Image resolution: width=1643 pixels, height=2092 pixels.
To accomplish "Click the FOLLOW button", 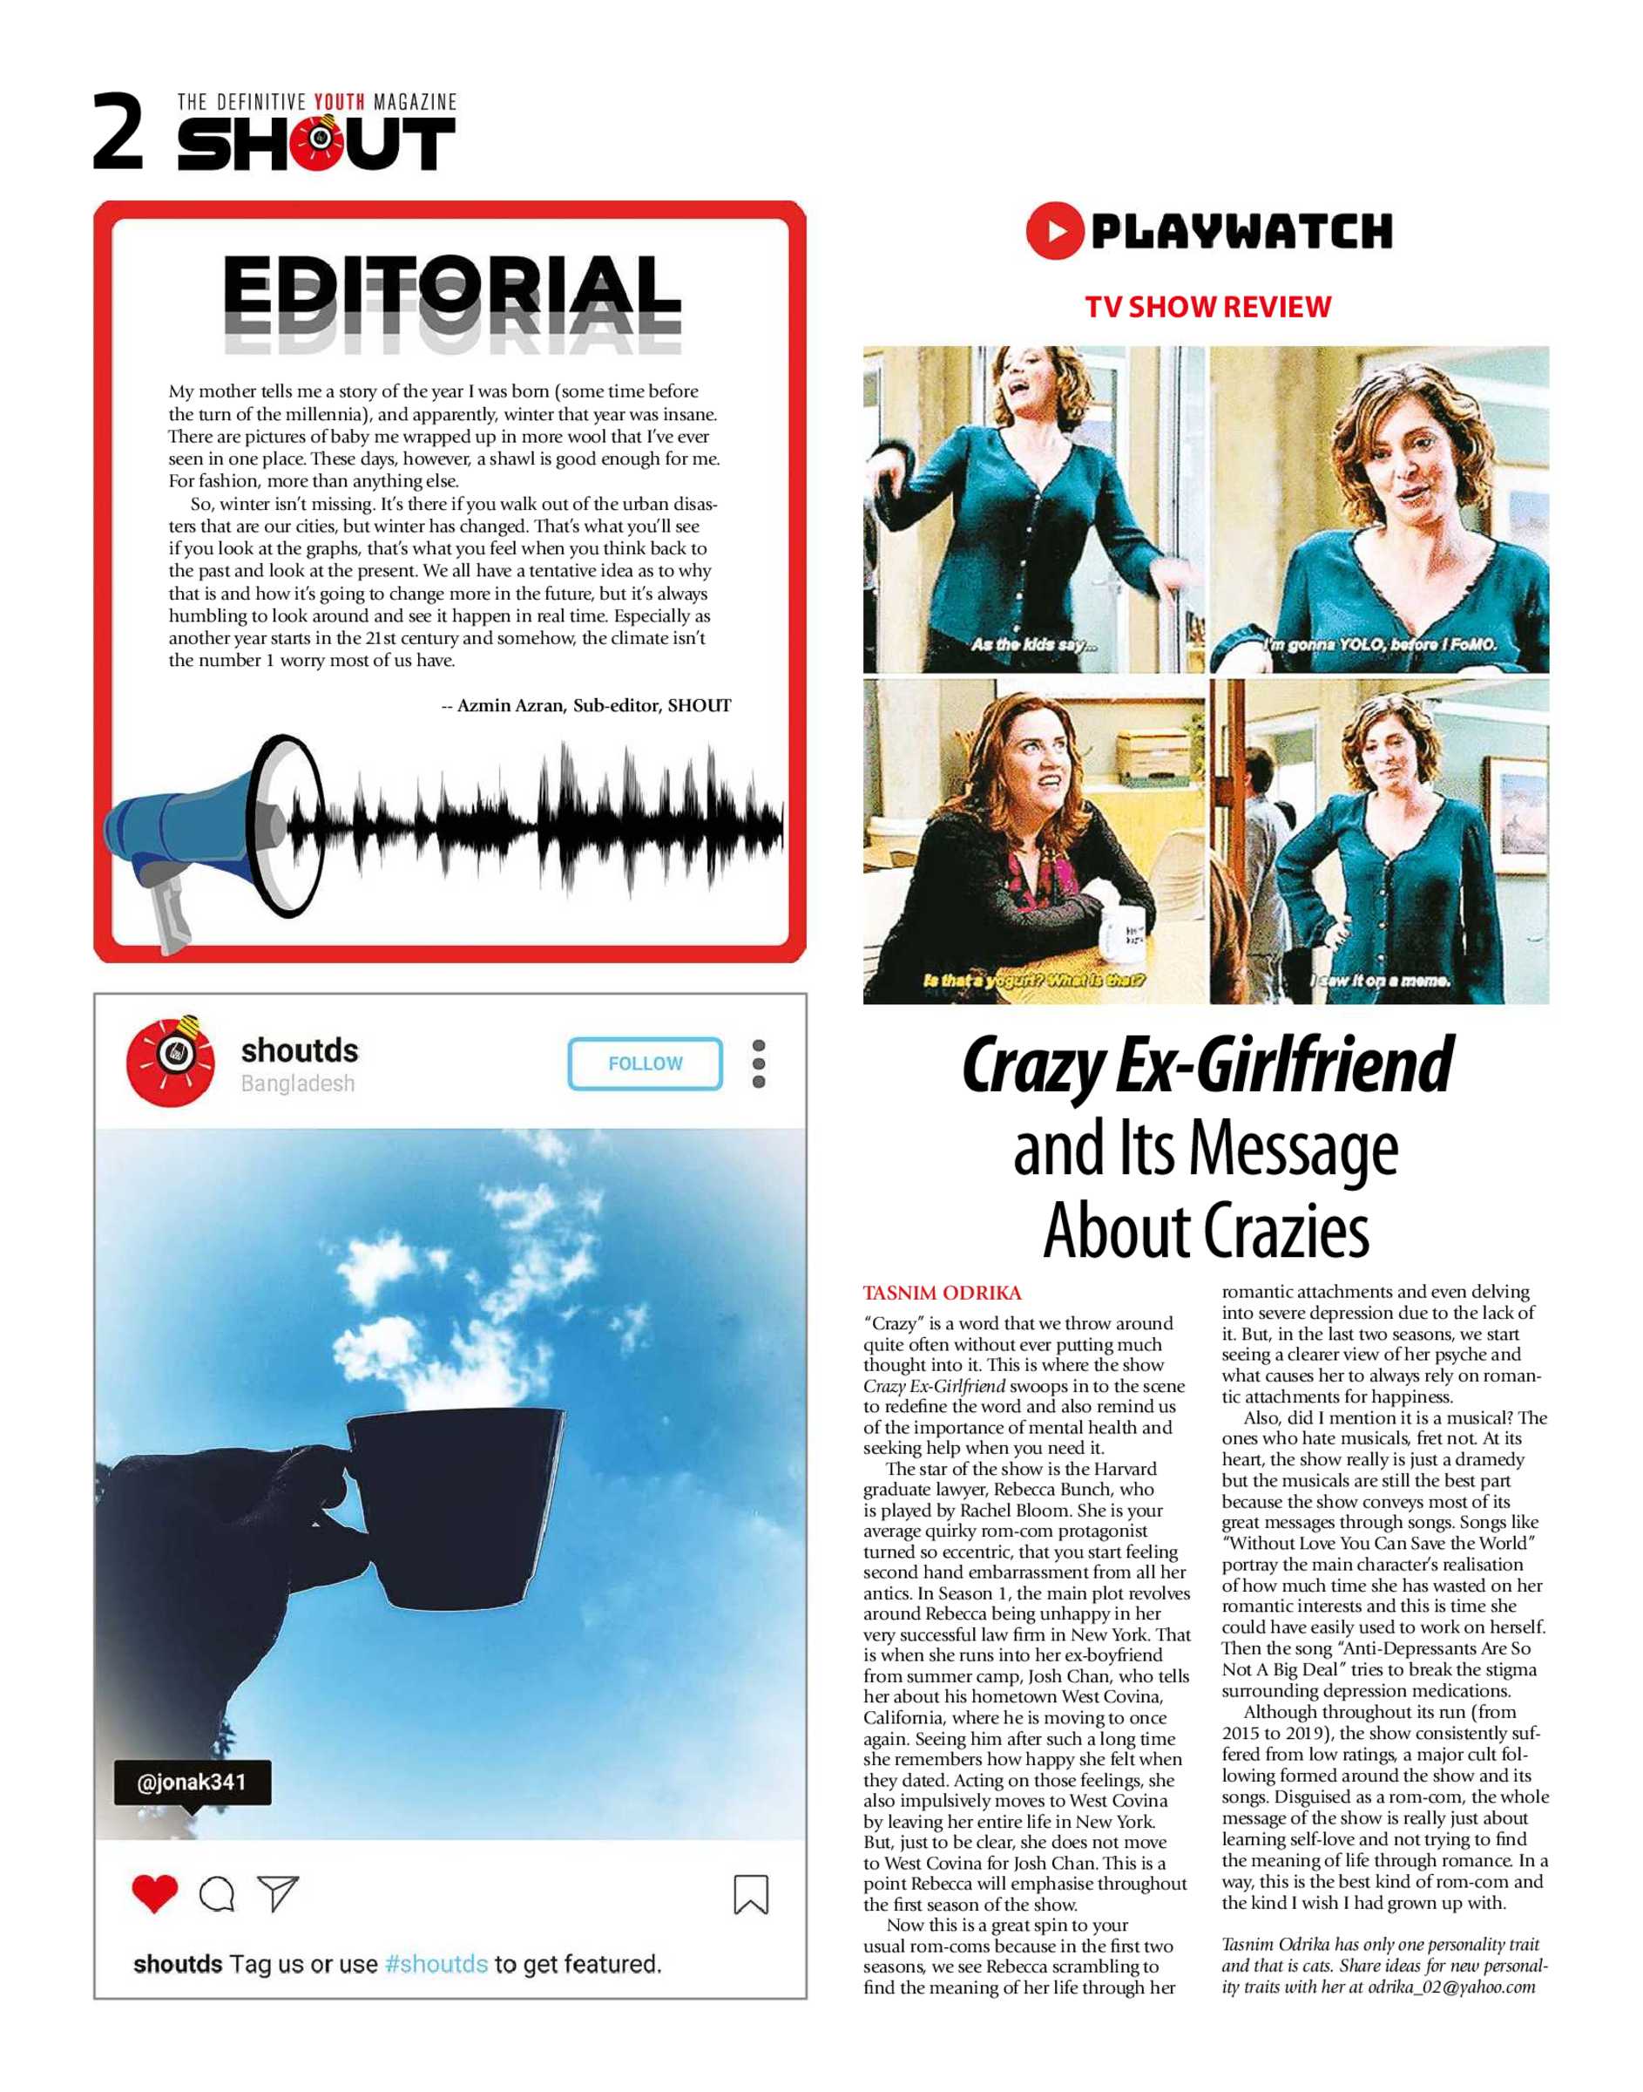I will coord(645,1063).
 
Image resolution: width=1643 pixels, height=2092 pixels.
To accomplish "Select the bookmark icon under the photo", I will coord(750,1894).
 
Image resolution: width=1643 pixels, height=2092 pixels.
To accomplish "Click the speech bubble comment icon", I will coord(216,1894).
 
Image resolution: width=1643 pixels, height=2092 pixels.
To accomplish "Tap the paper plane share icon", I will coord(278,1892).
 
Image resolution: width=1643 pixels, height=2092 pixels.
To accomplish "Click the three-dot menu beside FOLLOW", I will coord(759,1063).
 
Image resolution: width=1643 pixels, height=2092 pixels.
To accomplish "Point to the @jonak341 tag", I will coord(193,1783).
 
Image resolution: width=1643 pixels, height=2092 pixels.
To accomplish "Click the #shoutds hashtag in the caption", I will coord(436,1964).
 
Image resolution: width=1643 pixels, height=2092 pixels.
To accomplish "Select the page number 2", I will coord(118,132).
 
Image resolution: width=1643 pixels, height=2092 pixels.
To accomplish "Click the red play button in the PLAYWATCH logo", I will coord(1054,231).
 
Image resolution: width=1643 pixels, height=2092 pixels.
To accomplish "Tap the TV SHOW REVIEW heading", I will coord(1207,307).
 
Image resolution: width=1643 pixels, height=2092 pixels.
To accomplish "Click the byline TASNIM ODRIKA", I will coord(942,1293).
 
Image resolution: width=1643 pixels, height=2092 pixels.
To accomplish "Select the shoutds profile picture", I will coord(172,1063).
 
